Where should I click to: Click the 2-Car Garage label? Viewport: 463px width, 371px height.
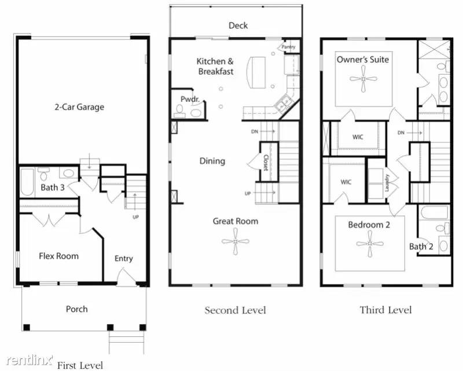tap(79, 106)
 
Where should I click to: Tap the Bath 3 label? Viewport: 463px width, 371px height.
tap(53, 188)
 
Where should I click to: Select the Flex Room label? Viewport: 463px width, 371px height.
tap(58, 255)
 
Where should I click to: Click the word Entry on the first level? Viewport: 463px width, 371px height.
tap(123, 258)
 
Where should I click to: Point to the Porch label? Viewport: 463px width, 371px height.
tap(76, 309)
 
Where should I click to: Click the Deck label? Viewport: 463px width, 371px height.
tap(238, 25)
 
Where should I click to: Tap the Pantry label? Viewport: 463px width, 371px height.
tap(288, 46)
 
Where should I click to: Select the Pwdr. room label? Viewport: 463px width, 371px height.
tap(190, 100)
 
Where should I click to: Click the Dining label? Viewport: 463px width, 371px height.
tap(212, 161)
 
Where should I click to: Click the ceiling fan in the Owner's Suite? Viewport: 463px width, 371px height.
tap(363, 79)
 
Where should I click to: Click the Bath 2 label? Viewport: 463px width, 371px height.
tap(421, 247)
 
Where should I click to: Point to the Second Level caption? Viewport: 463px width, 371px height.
tap(235, 310)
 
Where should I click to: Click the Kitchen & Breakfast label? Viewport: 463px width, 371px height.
tap(215, 66)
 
